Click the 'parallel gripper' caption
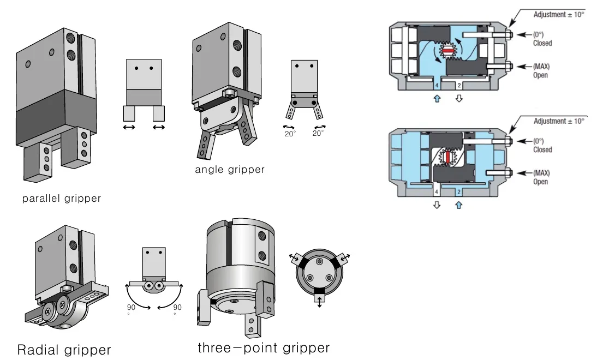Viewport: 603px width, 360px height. click(62, 199)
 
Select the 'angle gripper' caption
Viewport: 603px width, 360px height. click(230, 170)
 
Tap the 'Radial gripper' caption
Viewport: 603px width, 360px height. click(64, 350)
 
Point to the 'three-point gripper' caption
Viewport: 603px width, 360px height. click(264, 347)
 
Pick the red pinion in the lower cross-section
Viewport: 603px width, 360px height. click(449, 157)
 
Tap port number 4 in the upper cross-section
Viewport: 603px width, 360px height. click(437, 86)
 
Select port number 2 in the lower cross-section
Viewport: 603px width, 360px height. click(458, 193)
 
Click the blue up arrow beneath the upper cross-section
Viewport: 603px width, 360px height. click(437, 99)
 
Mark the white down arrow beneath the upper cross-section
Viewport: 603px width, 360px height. click(458, 99)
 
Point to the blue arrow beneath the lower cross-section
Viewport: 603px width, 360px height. click(458, 205)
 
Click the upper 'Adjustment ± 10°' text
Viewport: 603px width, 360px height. click(558, 15)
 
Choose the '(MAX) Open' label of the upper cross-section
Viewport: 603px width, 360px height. click(541, 70)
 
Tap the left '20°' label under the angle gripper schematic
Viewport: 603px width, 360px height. click(290, 133)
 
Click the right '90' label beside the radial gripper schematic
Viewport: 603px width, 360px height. click(177, 308)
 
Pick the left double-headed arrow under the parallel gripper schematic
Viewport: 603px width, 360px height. click(129, 128)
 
